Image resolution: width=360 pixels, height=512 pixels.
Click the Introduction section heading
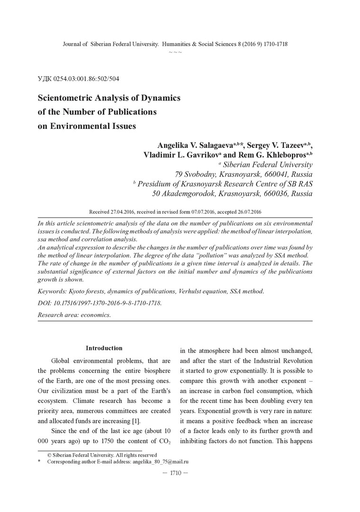(104, 348)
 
